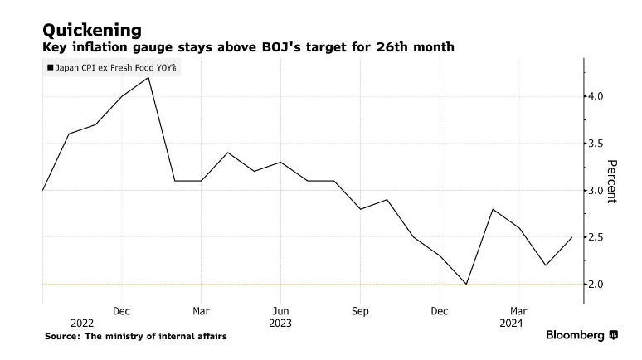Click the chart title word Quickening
pos(92,31)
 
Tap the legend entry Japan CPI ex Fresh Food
pos(114,69)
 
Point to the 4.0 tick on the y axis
pos(596,97)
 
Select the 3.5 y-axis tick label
pos(596,144)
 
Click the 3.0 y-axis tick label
pos(596,191)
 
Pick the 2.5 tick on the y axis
pos(596,238)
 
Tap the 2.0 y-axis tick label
pos(596,285)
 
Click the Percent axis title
pos(612,181)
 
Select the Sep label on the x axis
pos(360,311)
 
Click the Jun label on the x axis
pos(280,311)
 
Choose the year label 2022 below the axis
pos(82,323)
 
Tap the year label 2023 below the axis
pos(280,323)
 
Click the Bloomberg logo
pos(581,335)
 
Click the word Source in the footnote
pos(66,336)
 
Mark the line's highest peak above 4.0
pos(148,77)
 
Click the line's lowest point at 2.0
pos(466,284)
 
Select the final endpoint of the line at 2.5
pos(572,237)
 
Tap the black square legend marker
pos(51,69)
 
